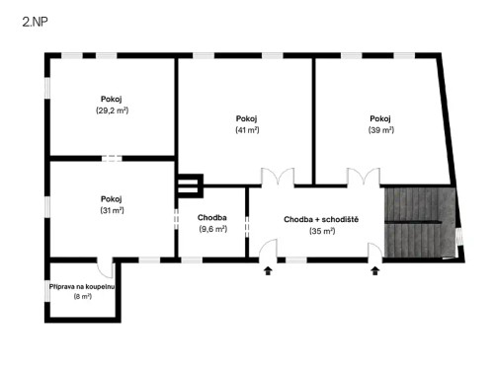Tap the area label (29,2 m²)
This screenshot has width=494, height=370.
pyautogui.click(x=113, y=111)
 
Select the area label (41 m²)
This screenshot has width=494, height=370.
pyautogui.click(x=247, y=130)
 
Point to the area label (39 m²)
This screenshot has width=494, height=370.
pyautogui.click(x=380, y=130)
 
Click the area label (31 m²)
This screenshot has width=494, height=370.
pyautogui.click(x=112, y=210)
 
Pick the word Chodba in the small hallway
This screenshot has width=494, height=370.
pyautogui.click(x=213, y=217)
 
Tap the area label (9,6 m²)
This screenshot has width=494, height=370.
pyautogui.click(x=213, y=229)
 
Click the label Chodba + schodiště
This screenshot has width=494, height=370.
pyautogui.click(x=321, y=219)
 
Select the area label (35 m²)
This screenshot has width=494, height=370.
pyautogui.click(x=322, y=231)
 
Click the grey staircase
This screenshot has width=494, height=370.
pyautogui.click(x=414, y=222)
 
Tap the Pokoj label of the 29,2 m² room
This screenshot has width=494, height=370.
pyautogui.click(x=112, y=99)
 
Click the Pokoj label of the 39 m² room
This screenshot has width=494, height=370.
pyautogui.click(x=380, y=118)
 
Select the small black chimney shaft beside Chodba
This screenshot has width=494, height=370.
pyautogui.click(x=188, y=185)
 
